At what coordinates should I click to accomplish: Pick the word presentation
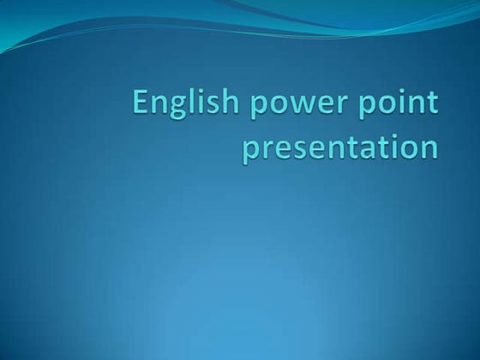(x=340, y=147)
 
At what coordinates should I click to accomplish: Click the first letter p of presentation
(x=250, y=150)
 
